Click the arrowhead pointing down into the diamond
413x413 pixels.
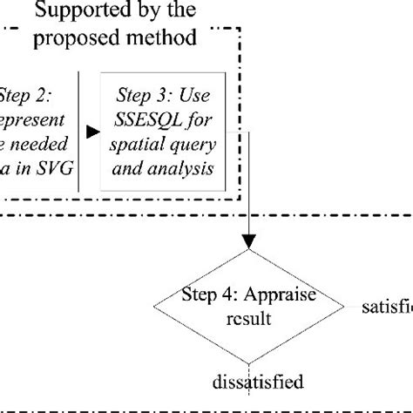pos(250,242)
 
